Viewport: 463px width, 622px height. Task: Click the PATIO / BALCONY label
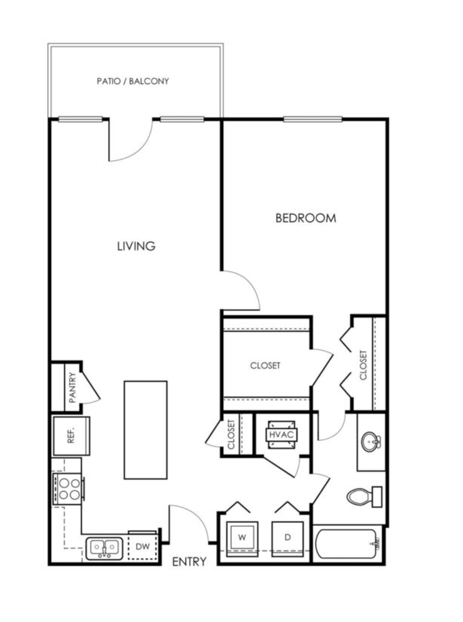tap(133, 81)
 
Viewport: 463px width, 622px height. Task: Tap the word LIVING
tap(136, 246)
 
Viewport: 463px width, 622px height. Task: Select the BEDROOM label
tap(306, 218)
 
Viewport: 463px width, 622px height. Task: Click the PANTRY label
tap(73, 388)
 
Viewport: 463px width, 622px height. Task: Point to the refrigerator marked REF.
tap(72, 436)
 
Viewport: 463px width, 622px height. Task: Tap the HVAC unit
tap(281, 435)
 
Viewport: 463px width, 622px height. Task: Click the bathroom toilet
tap(364, 497)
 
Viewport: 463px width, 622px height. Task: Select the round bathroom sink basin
tap(370, 442)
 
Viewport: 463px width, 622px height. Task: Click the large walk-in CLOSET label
tap(265, 366)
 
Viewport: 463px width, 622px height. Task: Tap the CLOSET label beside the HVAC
tap(231, 434)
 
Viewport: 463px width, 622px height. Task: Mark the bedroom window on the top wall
tap(312, 120)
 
